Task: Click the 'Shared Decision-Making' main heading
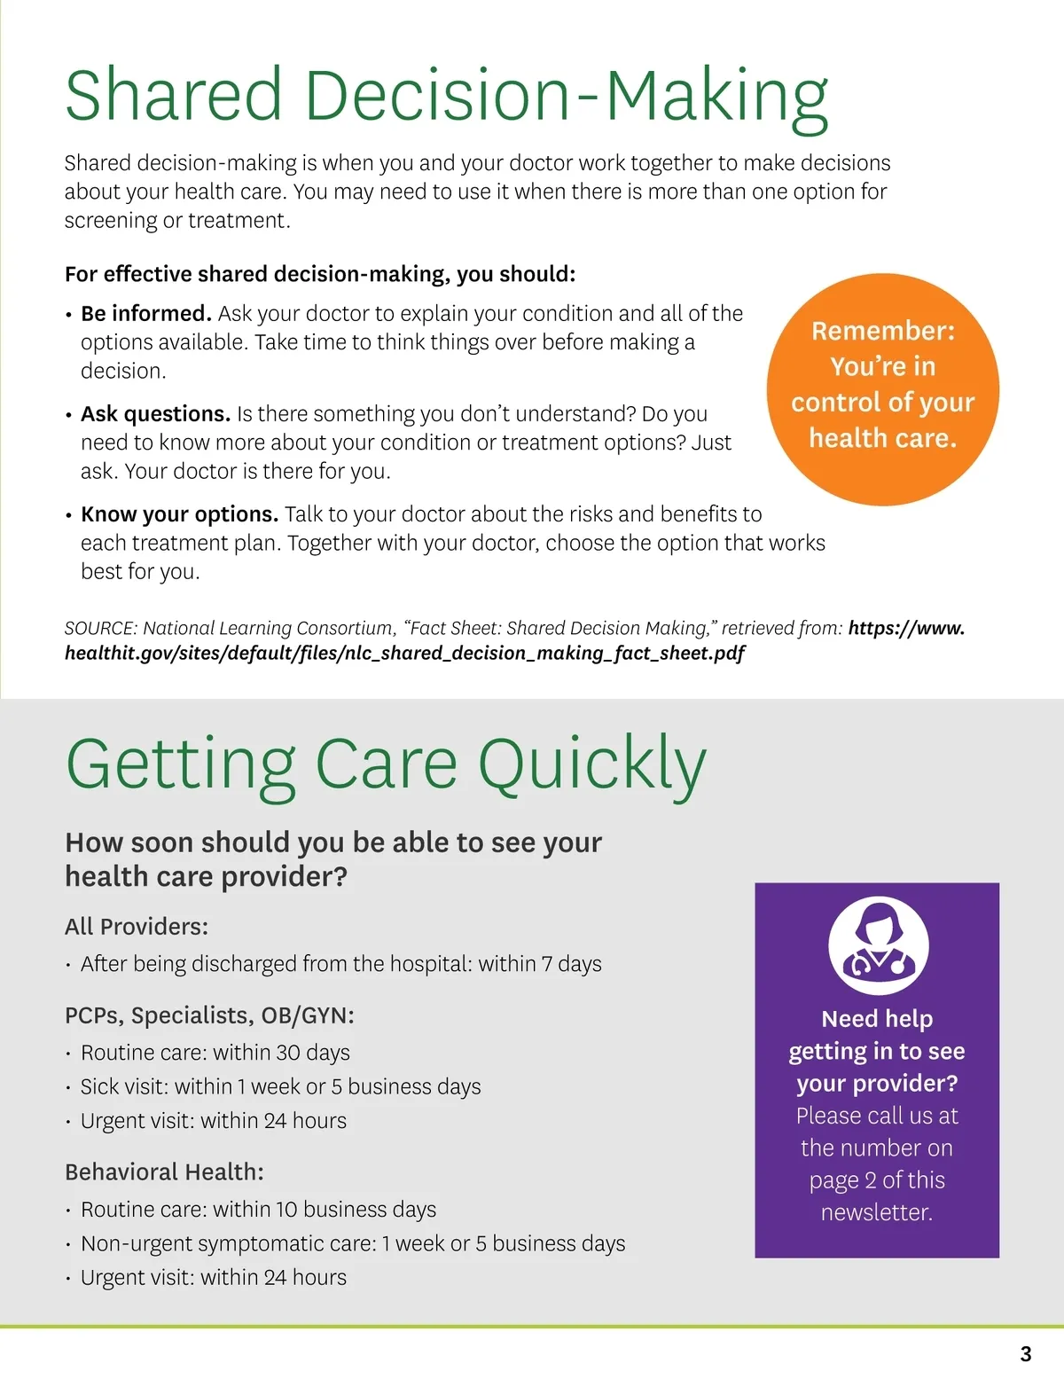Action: [446, 96]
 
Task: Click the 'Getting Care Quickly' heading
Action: [386, 764]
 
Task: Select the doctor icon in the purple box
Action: [878, 946]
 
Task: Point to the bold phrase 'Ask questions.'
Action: [156, 414]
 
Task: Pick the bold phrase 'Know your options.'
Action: [180, 514]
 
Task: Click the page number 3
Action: [1026, 1354]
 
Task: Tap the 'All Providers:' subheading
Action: [137, 927]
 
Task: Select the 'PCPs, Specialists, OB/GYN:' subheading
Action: [209, 1015]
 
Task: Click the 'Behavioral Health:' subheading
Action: [164, 1172]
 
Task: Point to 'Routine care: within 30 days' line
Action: [215, 1053]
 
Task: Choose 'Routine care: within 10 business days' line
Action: [258, 1210]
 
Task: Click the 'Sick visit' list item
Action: [280, 1087]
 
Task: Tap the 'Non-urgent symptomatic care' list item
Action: [353, 1244]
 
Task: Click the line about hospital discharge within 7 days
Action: [340, 964]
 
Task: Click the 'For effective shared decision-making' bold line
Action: [320, 274]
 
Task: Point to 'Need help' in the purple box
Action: [877, 1019]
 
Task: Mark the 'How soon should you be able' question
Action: [333, 859]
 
